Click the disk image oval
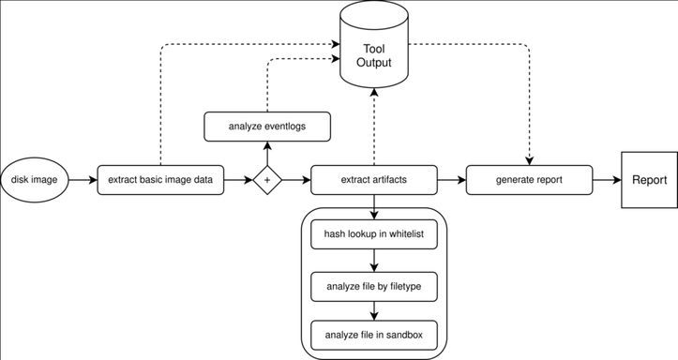(x=34, y=180)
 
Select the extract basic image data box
(x=160, y=180)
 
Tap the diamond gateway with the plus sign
(x=267, y=180)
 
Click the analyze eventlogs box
(x=267, y=127)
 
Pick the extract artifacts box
(x=374, y=180)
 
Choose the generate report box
(x=529, y=180)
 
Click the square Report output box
(x=650, y=180)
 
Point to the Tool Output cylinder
(x=374, y=44)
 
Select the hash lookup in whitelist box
(x=374, y=234)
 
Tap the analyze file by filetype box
(x=374, y=287)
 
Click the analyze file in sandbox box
(x=374, y=335)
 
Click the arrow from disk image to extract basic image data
(x=83, y=180)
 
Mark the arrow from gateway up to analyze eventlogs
(x=267, y=154)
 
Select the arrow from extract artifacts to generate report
(x=452, y=180)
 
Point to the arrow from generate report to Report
(x=607, y=180)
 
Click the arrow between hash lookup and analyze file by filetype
(x=374, y=261)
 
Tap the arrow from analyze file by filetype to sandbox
(x=374, y=310)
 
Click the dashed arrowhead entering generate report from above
(x=529, y=160)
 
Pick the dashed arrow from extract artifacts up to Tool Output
(x=374, y=127)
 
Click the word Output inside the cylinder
(x=374, y=62)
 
